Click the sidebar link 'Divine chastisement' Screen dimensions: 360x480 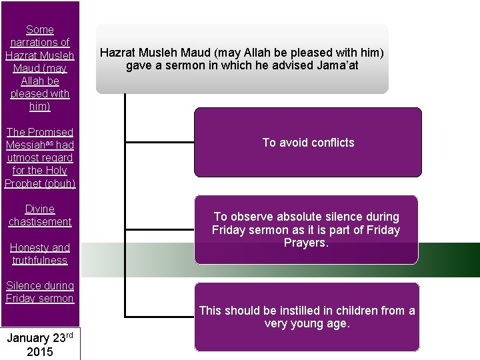(x=40, y=215)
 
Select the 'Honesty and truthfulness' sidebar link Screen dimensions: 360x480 (x=40, y=253)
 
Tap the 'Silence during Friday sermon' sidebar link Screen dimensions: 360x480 (x=40, y=292)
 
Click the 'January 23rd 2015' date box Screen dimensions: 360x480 (x=40, y=344)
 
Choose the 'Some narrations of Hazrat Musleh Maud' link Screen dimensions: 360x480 (x=40, y=67)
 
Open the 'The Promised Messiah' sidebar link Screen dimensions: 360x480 (x=40, y=157)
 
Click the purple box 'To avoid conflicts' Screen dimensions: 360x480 (x=308, y=142)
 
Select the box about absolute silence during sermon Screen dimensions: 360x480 (x=306, y=229)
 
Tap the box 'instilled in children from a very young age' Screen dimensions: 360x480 (x=307, y=317)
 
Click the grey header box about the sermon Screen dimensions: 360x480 (x=242, y=59)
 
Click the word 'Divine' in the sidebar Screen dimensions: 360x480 (x=40, y=209)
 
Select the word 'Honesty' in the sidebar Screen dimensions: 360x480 (x=30, y=247)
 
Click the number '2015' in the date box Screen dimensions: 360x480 (x=40, y=351)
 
